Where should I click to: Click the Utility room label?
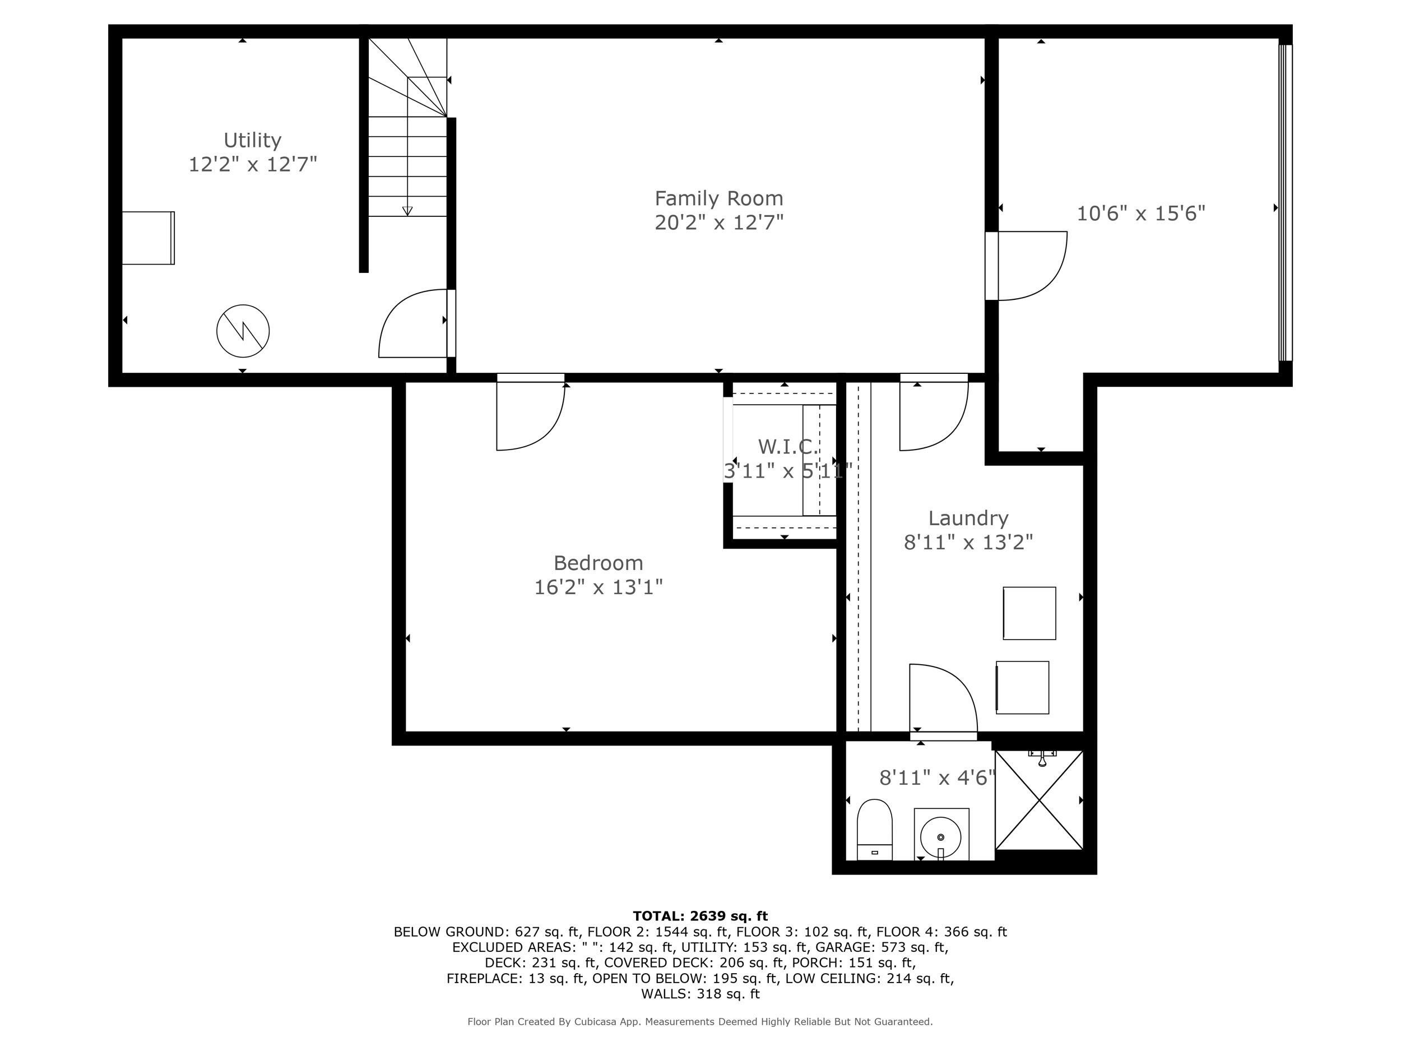[252, 140]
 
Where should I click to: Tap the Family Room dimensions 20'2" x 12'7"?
[719, 223]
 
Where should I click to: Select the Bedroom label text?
[598, 563]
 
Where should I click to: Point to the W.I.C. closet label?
[787, 447]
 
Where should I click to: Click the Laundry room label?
[968, 518]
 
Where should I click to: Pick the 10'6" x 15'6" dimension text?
[1140, 214]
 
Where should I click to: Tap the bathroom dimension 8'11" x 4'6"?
[938, 777]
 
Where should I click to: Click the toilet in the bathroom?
[874, 828]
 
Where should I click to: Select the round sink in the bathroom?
[940, 837]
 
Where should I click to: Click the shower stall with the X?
[1039, 800]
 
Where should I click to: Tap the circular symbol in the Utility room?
[243, 331]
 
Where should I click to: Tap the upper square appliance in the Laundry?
[1029, 613]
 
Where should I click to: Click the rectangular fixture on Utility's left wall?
[148, 238]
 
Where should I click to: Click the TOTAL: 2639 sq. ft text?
[700, 916]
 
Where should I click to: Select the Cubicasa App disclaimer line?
[700, 1021]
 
